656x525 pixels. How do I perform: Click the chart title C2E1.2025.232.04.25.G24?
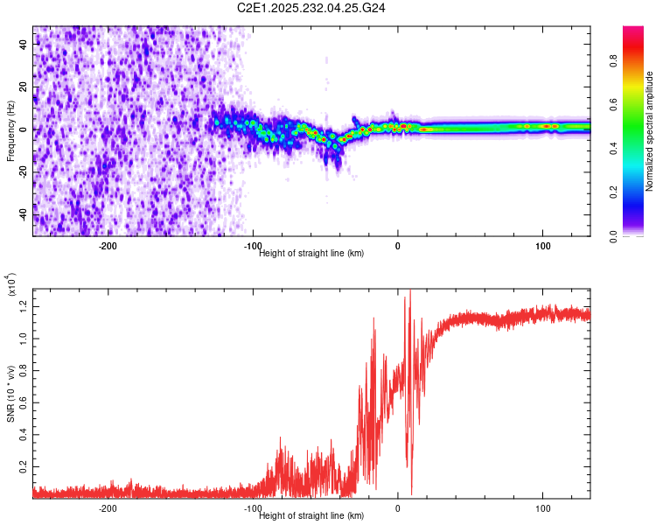tap(311, 8)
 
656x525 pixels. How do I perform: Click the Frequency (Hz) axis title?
tap(10, 131)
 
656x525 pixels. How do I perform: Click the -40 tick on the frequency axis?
tap(24, 213)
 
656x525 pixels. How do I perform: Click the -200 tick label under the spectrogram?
tap(108, 246)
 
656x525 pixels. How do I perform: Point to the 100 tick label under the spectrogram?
tap(542, 246)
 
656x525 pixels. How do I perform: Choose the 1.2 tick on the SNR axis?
tap(24, 304)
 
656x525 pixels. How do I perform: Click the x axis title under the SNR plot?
tap(311, 516)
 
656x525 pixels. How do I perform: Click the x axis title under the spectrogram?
tap(311, 253)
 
